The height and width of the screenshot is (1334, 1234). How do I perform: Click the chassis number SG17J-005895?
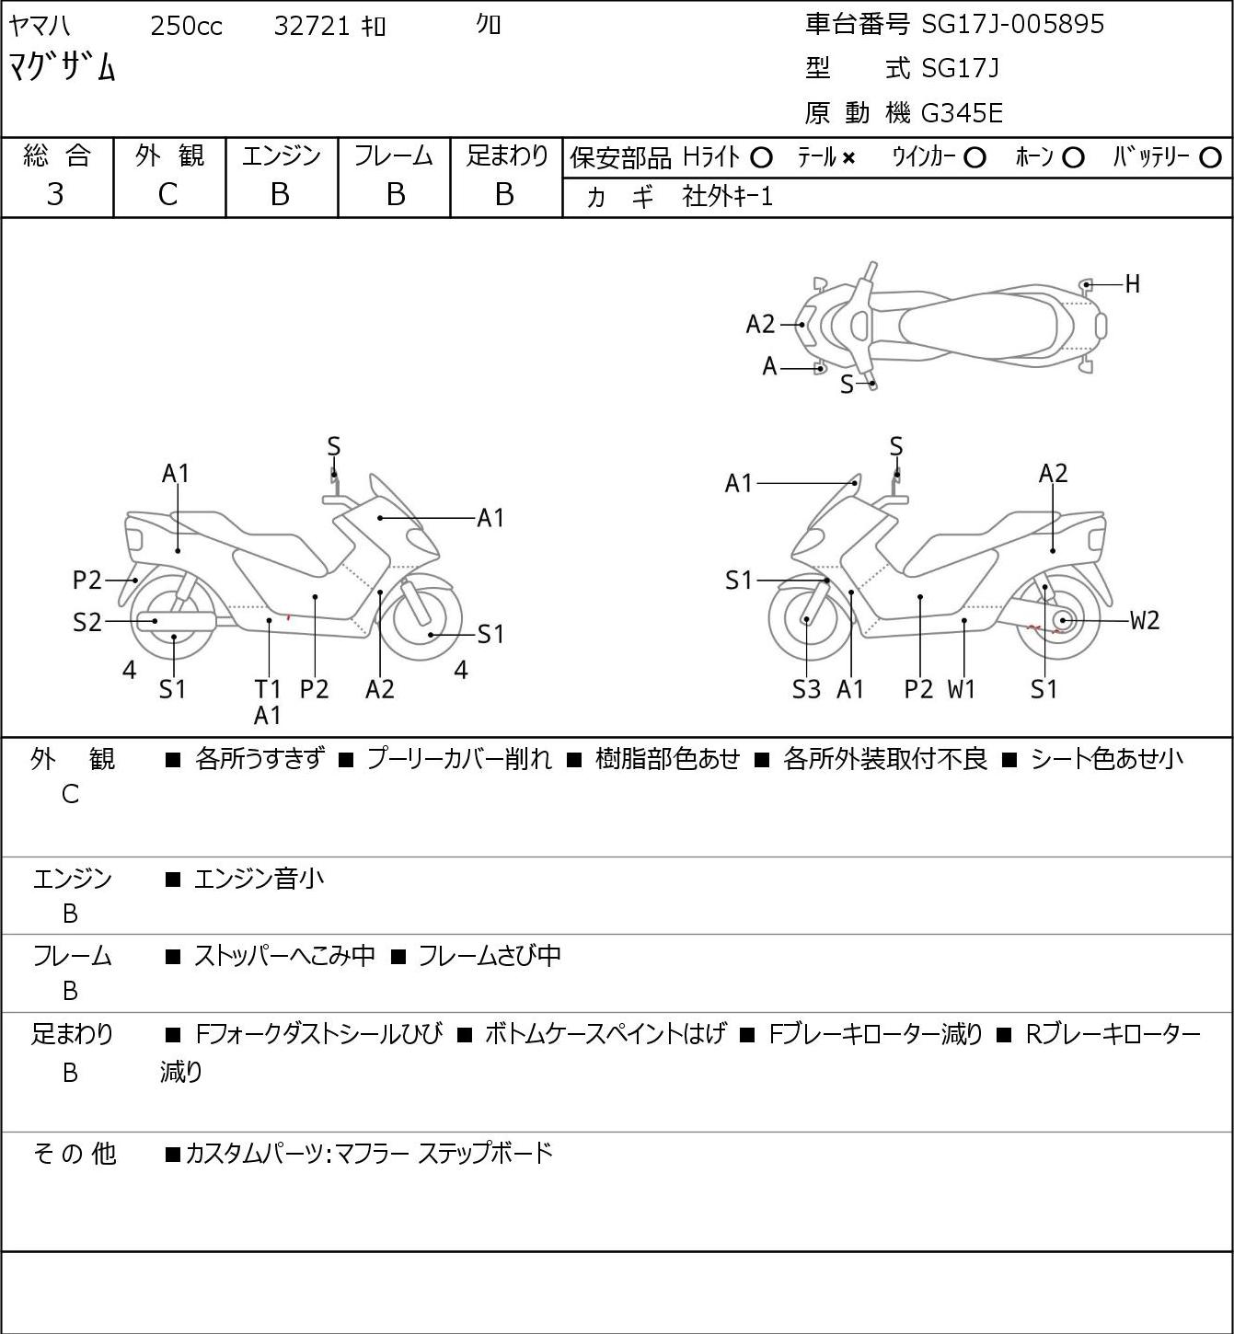tap(1012, 25)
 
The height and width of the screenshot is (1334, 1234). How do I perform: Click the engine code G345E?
tap(962, 113)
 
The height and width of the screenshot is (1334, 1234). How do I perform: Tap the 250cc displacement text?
tap(186, 26)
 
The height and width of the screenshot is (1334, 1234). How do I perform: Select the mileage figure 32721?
tap(312, 26)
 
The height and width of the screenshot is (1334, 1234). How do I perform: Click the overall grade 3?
tap(55, 195)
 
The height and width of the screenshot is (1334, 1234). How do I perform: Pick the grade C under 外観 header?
tap(167, 195)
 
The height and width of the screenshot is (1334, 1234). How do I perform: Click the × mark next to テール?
tap(848, 158)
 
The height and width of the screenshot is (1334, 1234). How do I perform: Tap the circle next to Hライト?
tap(761, 158)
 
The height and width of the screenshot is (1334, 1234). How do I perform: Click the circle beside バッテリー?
tap(1210, 158)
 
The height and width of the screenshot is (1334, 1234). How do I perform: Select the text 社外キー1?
tap(728, 197)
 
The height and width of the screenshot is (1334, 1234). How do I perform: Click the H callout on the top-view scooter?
tap(1133, 284)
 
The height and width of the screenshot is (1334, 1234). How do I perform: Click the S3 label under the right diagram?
tap(806, 689)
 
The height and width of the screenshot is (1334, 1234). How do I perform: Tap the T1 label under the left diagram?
tap(267, 689)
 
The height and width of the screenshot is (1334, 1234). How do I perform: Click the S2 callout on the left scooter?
tap(86, 622)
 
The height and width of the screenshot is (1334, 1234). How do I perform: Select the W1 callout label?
tap(961, 689)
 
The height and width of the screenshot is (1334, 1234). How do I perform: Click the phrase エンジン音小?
tap(259, 879)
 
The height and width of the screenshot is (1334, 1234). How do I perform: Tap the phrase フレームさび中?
tap(490, 955)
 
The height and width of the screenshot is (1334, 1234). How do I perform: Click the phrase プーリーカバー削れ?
tap(460, 759)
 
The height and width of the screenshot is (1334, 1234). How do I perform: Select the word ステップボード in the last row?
tap(485, 1153)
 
